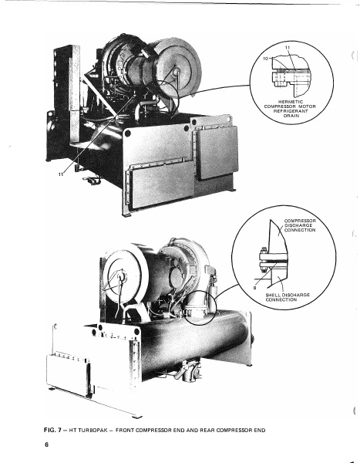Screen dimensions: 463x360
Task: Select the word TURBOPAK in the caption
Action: click(101, 428)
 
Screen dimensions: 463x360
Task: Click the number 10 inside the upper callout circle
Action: click(267, 56)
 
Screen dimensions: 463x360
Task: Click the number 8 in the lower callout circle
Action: click(257, 286)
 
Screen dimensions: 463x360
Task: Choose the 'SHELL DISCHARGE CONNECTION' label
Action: click(286, 296)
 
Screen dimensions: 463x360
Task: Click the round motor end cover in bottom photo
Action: click(119, 277)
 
